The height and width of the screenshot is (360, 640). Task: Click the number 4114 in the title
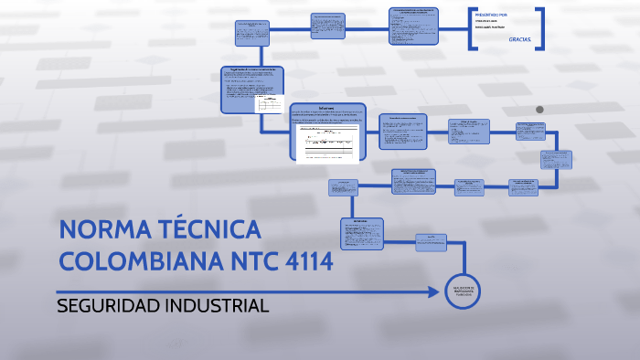pos(308,261)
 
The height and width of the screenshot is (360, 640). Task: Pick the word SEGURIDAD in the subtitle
pos(108,305)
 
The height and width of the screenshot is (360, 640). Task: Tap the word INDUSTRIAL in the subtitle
pos(217,305)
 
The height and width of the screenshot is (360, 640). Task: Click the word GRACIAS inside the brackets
pos(519,40)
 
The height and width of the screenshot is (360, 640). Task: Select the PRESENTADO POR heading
pos(491,14)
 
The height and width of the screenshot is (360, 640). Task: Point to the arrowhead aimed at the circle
pos(437,291)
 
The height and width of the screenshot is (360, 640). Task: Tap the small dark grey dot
pos(539,110)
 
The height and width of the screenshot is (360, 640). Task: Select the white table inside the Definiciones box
pos(327,143)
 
